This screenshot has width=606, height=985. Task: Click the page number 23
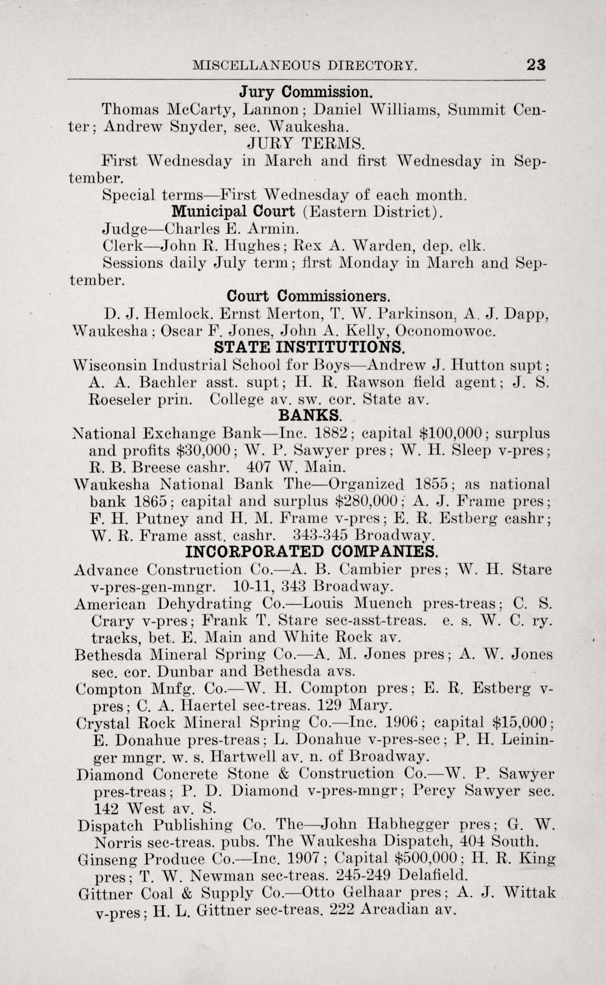(x=536, y=65)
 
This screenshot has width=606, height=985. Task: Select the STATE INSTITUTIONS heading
(x=309, y=347)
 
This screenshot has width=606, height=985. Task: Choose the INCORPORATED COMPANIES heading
(x=311, y=552)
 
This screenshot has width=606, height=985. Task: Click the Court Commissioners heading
(x=308, y=296)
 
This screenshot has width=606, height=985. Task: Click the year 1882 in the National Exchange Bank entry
(x=333, y=433)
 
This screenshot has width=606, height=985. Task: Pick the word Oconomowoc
(x=445, y=331)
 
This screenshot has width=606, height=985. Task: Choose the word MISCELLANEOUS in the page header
(x=255, y=65)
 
